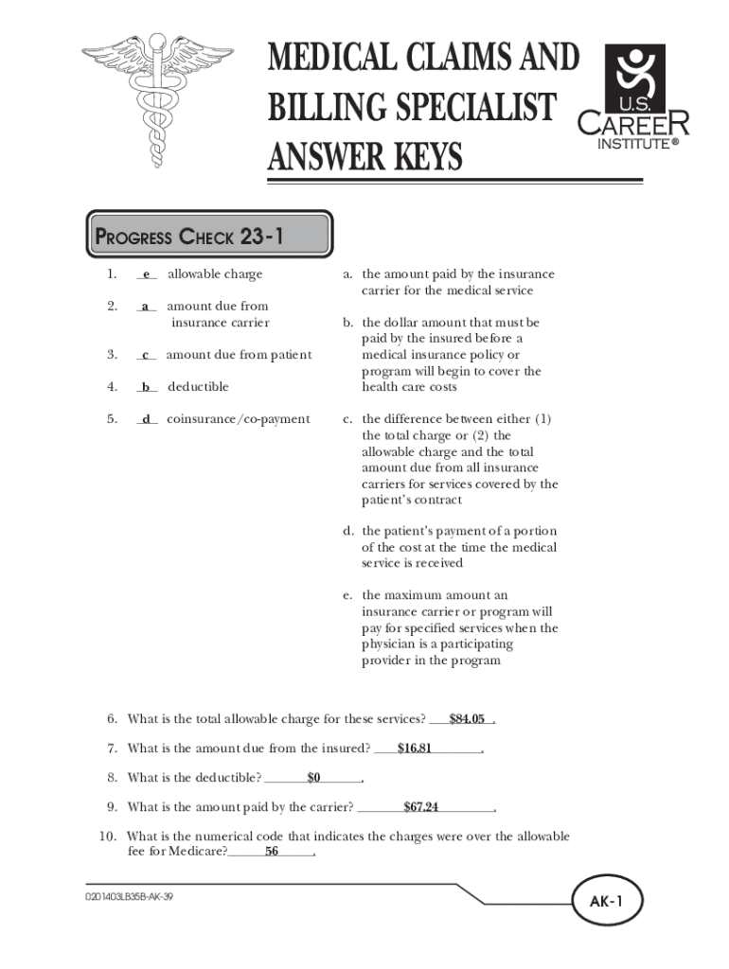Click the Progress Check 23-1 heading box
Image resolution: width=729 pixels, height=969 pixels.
[208, 236]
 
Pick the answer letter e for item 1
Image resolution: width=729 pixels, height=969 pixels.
[147, 274]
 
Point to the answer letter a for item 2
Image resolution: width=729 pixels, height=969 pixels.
[146, 307]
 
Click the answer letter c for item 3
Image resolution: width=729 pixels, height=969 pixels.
[146, 355]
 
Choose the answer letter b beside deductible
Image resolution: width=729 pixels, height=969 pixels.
[147, 387]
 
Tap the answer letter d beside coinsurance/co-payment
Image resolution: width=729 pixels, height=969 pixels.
[147, 419]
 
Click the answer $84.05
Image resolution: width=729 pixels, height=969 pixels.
[468, 719]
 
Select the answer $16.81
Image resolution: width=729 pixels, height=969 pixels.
[415, 749]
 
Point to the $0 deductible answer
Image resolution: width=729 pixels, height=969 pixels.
[314, 778]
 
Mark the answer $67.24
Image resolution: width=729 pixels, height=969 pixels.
[420, 807]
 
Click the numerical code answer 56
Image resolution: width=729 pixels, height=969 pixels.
[272, 852]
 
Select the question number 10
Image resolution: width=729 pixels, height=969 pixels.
[107, 837]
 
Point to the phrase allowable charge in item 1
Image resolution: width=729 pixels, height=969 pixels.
[215, 274]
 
